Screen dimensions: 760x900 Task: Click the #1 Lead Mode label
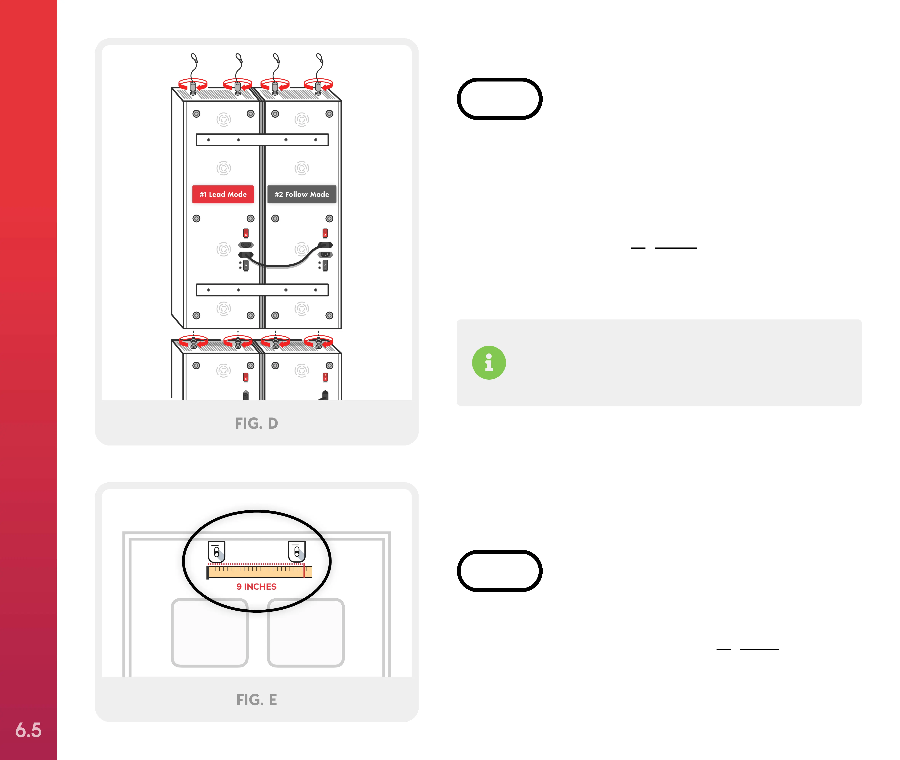point(223,194)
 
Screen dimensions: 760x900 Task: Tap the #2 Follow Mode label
point(302,194)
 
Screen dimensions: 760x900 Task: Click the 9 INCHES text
point(256,586)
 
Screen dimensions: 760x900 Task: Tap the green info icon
point(489,363)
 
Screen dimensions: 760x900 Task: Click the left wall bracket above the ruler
point(216,552)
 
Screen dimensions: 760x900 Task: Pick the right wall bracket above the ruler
point(297,552)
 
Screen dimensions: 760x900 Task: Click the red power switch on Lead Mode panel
point(246,233)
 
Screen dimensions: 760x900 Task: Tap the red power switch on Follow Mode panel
point(325,233)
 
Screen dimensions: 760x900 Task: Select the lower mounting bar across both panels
point(262,290)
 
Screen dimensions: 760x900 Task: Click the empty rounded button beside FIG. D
point(500,99)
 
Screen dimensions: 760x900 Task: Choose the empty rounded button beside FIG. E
point(500,571)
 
